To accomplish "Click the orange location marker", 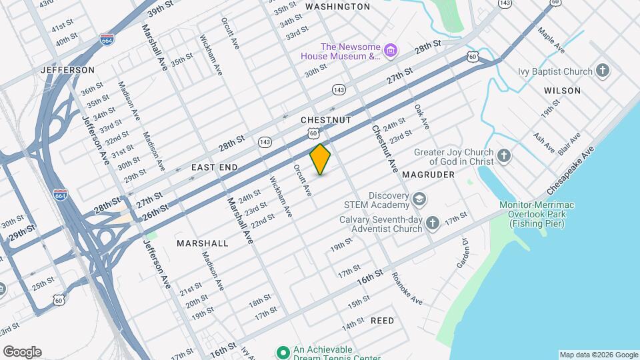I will coord(321,159).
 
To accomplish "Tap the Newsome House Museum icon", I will coord(391,51).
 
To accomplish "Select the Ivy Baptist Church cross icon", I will coord(603,71).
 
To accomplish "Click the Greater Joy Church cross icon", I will coord(504,157).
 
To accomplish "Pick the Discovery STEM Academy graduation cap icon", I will coord(419,199).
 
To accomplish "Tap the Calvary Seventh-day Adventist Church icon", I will coord(433,223).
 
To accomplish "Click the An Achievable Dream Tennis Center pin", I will coord(283,352).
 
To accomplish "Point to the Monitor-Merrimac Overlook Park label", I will coord(537,214).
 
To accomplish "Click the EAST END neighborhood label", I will coord(215,167).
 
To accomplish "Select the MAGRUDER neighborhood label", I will coord(428,175).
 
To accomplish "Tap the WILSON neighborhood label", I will coord(562,90).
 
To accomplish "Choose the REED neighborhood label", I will coord(382,321).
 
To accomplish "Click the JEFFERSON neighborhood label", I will coord(67,69).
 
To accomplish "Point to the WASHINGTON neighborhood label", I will coord(337,7).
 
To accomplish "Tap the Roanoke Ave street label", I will coord(407,288).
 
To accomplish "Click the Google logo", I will coord(22,352).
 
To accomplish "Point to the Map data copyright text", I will coord(598,355).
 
